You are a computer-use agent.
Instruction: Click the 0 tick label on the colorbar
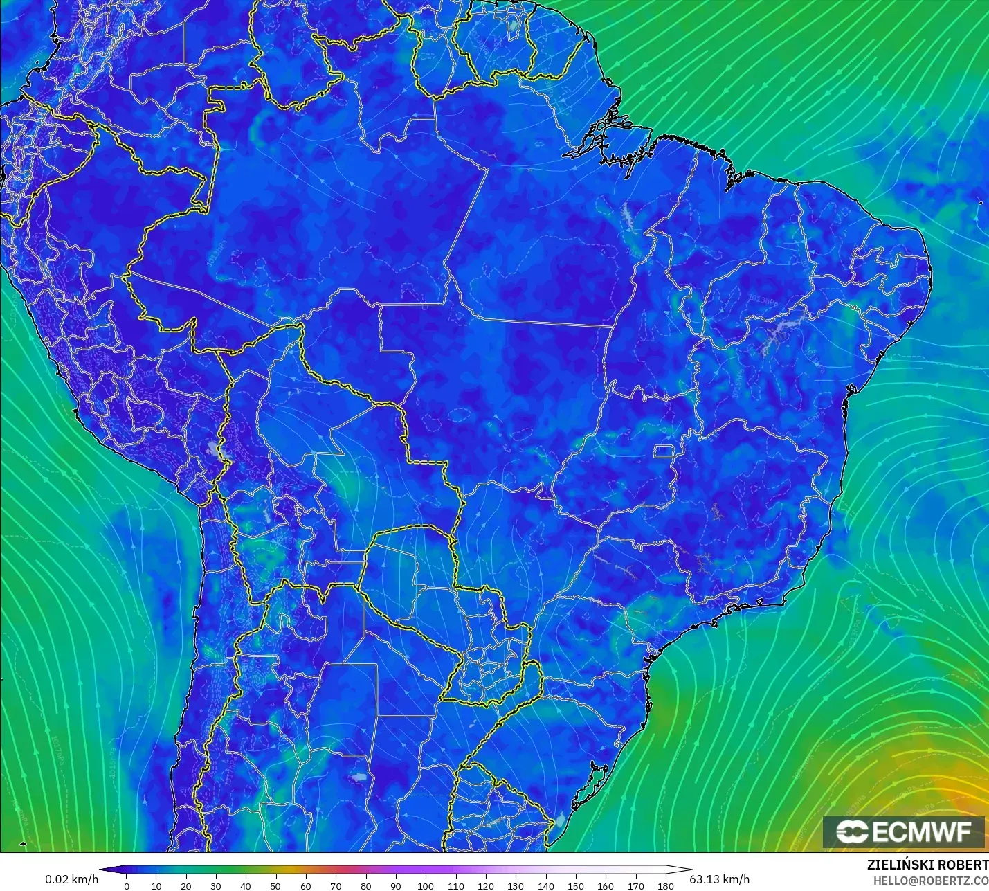pos(126,885)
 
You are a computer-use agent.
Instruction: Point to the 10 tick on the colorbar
pos(156,885)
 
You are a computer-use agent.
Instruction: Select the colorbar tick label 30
pos(216,885)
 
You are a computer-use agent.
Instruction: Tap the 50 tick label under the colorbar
pos(275,885)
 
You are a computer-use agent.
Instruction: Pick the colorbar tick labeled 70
pos(336,885)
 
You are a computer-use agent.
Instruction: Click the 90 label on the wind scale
pos(396,885)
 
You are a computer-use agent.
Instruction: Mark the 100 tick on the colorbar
pos(426,885)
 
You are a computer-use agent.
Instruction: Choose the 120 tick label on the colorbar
pos(486,885)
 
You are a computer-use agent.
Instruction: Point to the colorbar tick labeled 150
pos(576,885)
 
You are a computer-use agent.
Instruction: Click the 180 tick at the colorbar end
pos(666,885)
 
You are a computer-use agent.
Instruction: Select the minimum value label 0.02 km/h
pos(72,879)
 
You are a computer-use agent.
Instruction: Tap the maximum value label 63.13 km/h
pos(720,879)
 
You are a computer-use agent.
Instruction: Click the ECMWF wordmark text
pos(922,831)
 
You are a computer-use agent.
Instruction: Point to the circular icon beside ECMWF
pos(852,831)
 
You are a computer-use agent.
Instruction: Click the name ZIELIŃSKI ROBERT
pos(927,865)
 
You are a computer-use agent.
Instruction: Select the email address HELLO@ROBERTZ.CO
pos(930,881)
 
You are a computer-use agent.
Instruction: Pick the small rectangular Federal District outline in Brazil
pos(665,452)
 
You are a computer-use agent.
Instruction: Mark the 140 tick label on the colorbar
pos(546,885)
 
